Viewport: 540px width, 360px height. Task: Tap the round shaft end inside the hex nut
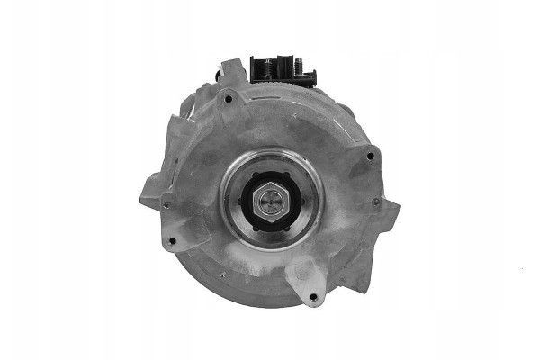tap(270, 200)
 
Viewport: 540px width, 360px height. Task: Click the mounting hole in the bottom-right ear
tap(311, 298)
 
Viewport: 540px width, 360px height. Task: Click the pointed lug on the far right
tap(394, 214)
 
